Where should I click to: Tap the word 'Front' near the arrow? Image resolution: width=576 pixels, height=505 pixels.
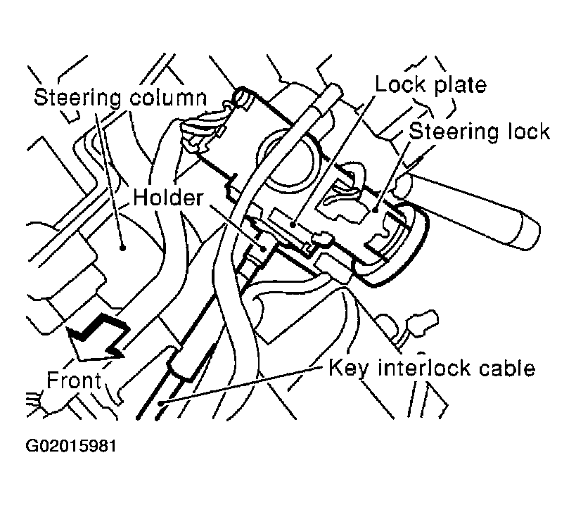[74, 381]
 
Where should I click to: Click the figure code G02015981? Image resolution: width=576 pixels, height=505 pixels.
[71, 446]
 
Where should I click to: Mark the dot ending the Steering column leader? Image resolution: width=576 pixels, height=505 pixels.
[122, 248]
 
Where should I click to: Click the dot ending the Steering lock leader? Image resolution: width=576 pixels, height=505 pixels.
[377, 209]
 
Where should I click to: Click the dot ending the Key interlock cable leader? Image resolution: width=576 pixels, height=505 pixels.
[162, 403]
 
